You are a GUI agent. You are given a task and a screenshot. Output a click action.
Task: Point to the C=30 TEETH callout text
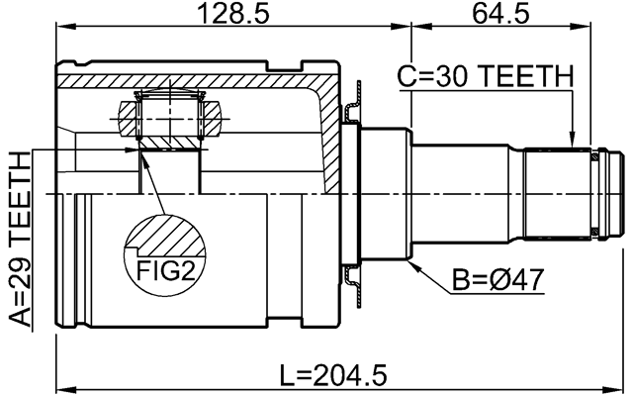tap(485, 75)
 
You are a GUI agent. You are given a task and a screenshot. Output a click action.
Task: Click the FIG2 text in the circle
tap(164, 270)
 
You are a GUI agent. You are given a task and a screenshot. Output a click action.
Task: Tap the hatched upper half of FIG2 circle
tap(164, 238)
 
